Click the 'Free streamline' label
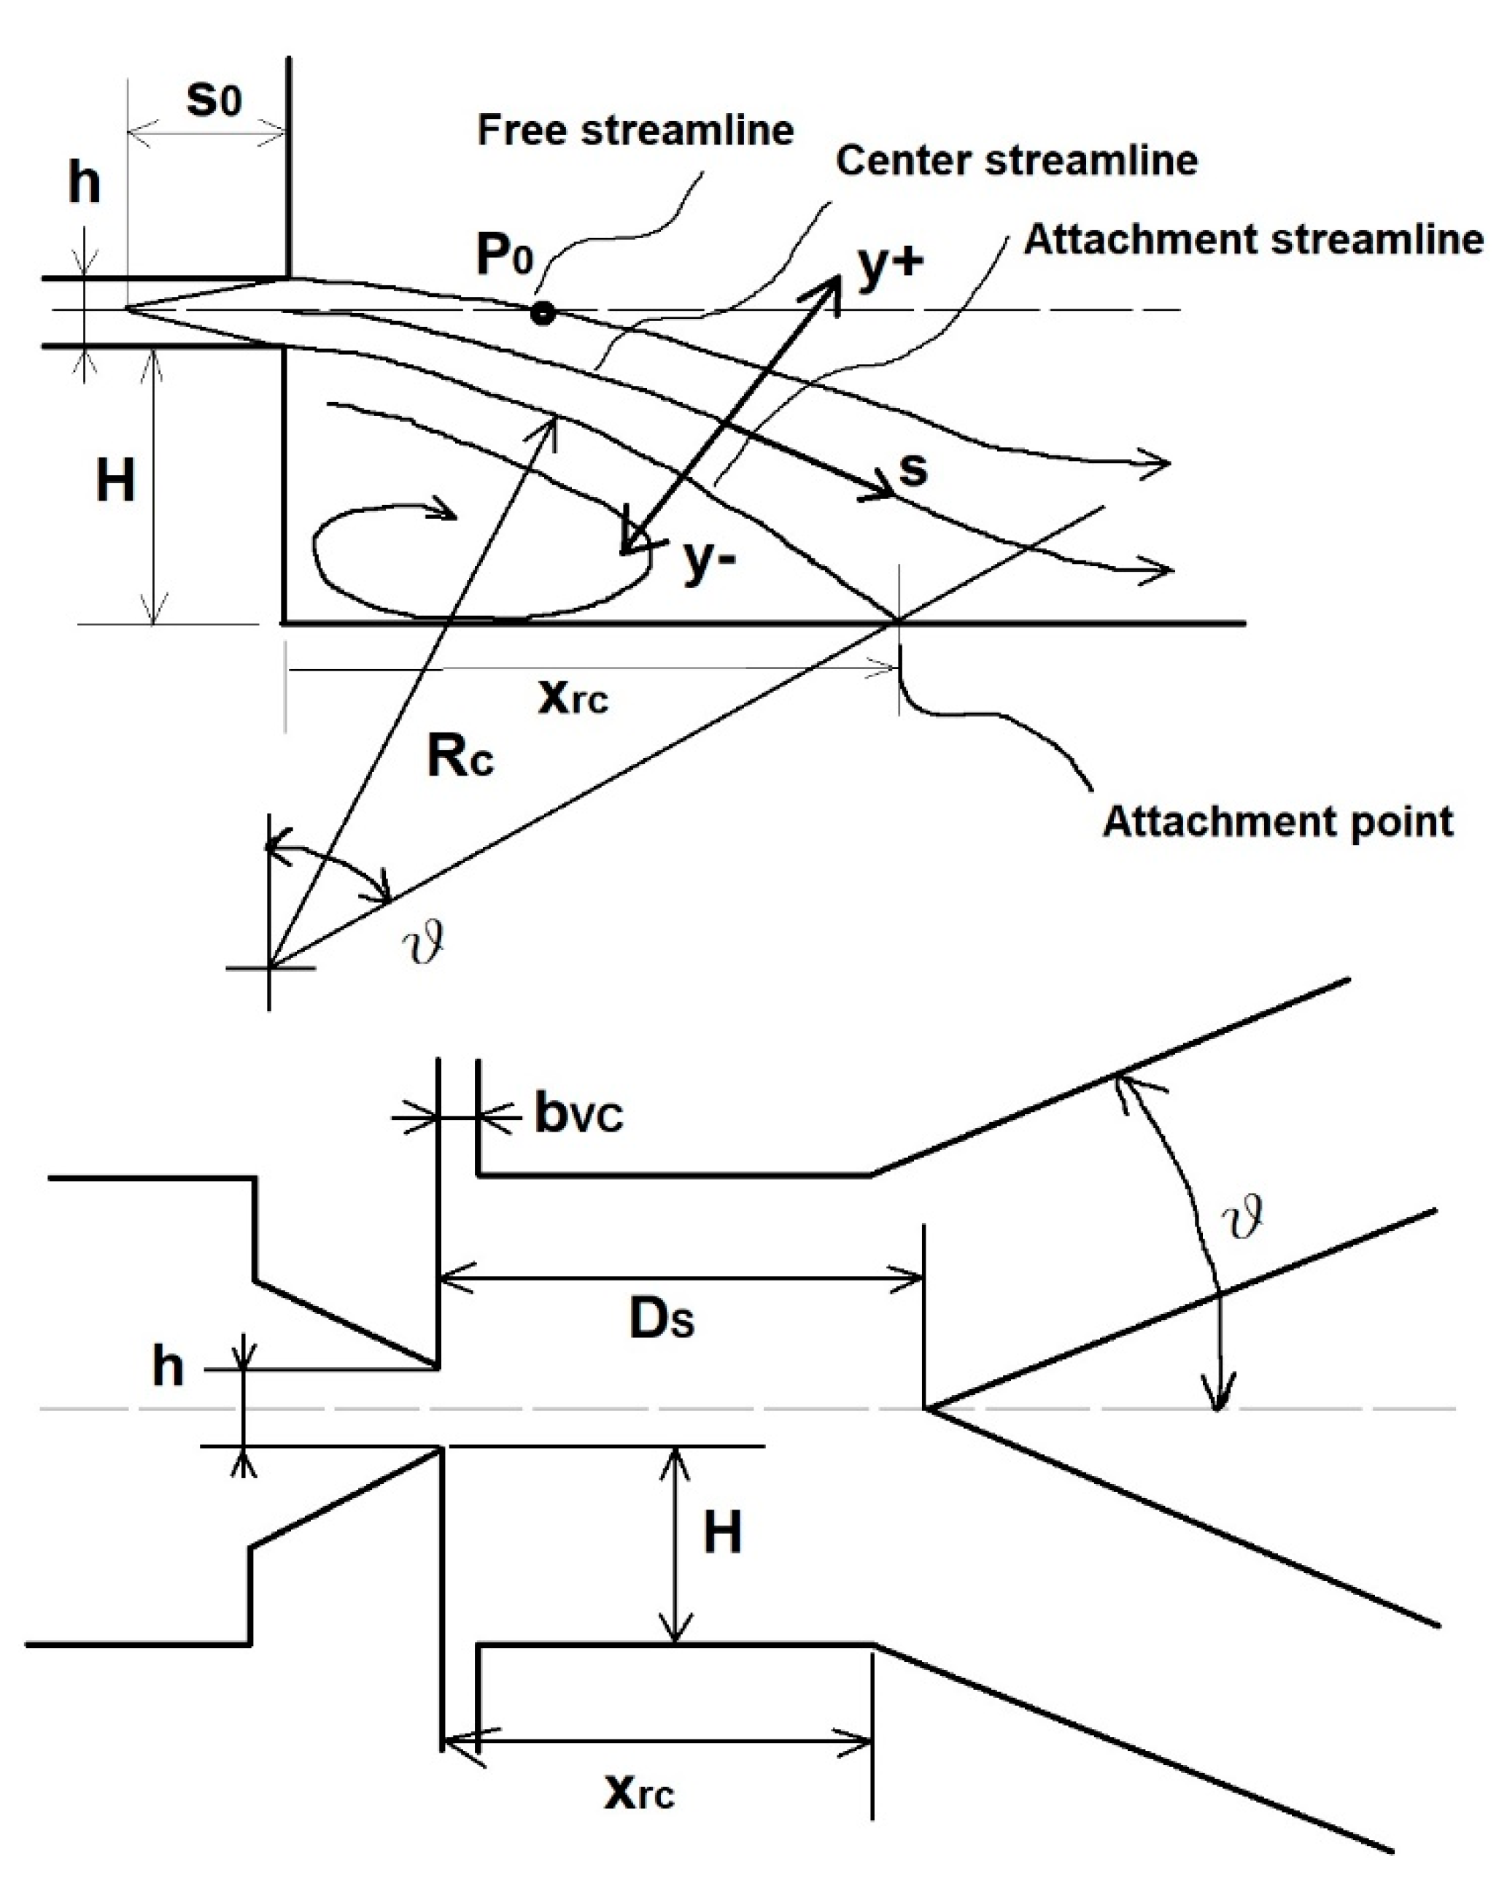coord(635,131)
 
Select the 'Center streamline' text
coord(1016,161)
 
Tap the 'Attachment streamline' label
coord(1253,239)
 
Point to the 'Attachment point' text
coord(1277,822)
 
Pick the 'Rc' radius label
coord(460,756)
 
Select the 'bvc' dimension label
coord(578,1115)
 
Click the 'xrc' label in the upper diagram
coord(572,698)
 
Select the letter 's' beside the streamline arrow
coord(913,470)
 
